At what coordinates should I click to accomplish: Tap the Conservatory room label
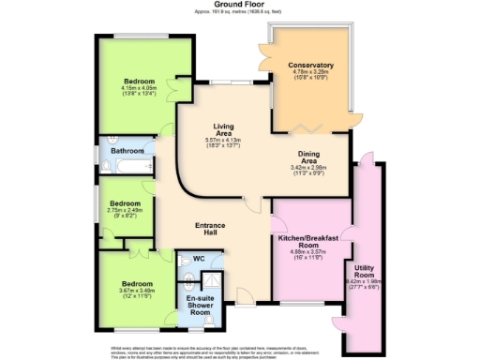tap(312, 66)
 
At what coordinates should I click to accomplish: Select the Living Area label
tap(224, 131)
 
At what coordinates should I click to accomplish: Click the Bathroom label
tap(127, 151)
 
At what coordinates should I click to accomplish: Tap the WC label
tap(198, 259)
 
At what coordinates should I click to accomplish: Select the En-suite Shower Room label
tap(198, 305)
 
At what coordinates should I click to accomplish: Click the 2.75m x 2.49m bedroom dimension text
tap(125, 215)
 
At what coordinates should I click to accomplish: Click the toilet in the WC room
tap(187, 277)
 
